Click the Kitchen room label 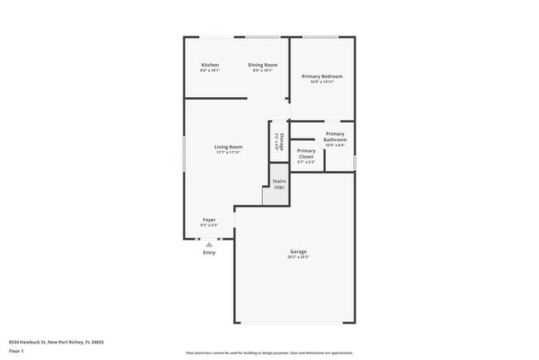pyautogui.click(x=210, y=65)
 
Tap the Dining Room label pyautogui.click(x=263, y=65)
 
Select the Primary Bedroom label pyautogui.click(x=322, y=76)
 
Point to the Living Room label pyautogui.click(x=228, y=147)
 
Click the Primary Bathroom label pyautogui.click(x=335, y=137)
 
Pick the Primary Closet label pyautogui.click(x=306, y=153)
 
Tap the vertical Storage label pyautogui.click(x=281, y=141)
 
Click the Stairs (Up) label pyautogui.click(x=279, y=185)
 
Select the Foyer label pyautogui.click(x=209, y=220)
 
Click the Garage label pyautogui.click(x=299, y=251)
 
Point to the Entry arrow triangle pyautogui.click(x=209, y=245)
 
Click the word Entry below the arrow pyautogui.click(x=209, y=253)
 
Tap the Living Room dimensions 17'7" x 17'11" pyautogui.click(x=228, y=153)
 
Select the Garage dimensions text pyautogui.click(x=299, y=257)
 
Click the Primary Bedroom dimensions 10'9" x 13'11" pyautogui.click(x=322, y=82)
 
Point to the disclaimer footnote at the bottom pyautogui.click(x=269, y=351)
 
